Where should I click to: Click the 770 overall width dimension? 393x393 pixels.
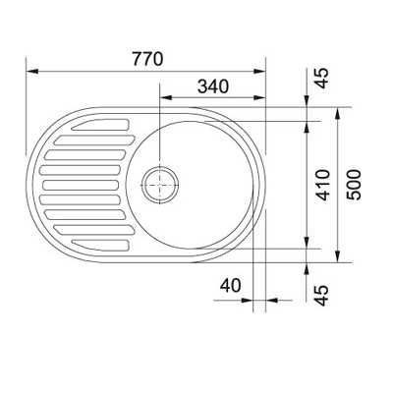[x=147, y=59]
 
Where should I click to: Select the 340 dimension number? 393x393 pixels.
[x=213, y=86]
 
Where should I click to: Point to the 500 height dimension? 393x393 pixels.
[x=354, y=185]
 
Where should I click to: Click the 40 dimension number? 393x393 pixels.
[x=230, y=285]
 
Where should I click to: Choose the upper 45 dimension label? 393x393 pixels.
[x=321, y=78]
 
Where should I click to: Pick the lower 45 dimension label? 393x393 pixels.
[x=321, y=296]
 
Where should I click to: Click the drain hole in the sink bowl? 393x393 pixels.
[x=160, y=185]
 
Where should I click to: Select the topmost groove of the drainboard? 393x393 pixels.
[x=100, y=125]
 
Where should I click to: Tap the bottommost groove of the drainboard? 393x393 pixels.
[x=100, y=246]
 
